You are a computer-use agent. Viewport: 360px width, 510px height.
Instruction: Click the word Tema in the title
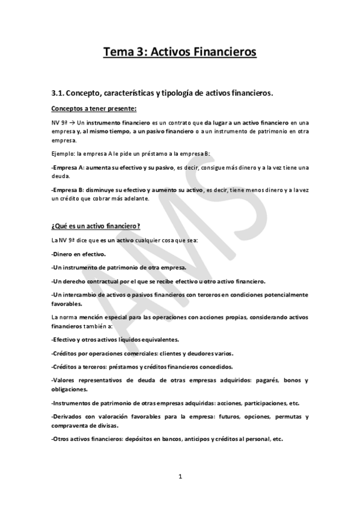(118, 52)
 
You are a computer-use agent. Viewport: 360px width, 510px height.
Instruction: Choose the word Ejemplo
(65, 153)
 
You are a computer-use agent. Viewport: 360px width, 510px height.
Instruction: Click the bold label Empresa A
(70, 166)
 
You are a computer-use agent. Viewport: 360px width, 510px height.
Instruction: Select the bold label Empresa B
(70, 189)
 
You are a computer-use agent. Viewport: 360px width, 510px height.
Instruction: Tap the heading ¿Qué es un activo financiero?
(96, 226)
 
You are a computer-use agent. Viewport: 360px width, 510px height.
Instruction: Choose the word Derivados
(72, 416)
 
